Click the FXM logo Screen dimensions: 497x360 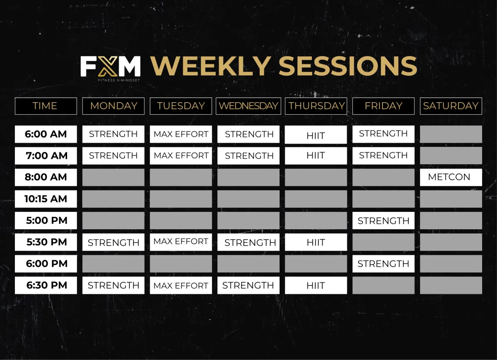pos(110,69)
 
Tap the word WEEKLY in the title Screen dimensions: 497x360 pos(211,66)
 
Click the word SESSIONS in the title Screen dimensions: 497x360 pos(347,66)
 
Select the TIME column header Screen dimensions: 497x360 pos(46,106)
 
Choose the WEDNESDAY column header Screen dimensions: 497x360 pos(248,106)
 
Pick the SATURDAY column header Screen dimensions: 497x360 pos(451,106)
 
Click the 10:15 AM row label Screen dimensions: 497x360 pos(46,199)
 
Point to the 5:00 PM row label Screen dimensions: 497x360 pos(46,220)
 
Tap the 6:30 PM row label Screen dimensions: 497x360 pos(46,285)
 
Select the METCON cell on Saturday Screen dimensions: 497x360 pos(451,178)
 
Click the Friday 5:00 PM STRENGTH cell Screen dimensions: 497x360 pos(384,220)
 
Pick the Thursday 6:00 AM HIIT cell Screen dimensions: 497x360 pos(316,134)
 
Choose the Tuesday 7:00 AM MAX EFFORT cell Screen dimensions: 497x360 pos(181,156)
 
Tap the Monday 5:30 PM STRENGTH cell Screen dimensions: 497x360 pos(113,242)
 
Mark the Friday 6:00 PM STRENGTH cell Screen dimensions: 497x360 pos(384,264)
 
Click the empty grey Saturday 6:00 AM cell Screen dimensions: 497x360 pos(451,134)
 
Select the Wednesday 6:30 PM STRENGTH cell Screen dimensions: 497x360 pos(248,285)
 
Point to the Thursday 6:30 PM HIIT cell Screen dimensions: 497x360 pos(316,285)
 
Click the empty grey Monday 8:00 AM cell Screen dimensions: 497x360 pos(113,178)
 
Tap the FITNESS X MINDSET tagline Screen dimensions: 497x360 pos(119,80)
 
